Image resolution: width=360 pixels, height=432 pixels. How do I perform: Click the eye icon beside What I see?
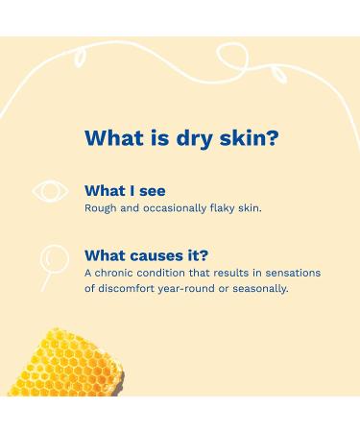(x=51, y=191)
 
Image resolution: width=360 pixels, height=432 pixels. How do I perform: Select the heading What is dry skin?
(x=180, y=137)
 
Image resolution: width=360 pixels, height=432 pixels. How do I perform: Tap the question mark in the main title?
(x=275, y=137)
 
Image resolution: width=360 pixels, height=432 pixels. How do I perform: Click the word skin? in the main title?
(x=250, y=137)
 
